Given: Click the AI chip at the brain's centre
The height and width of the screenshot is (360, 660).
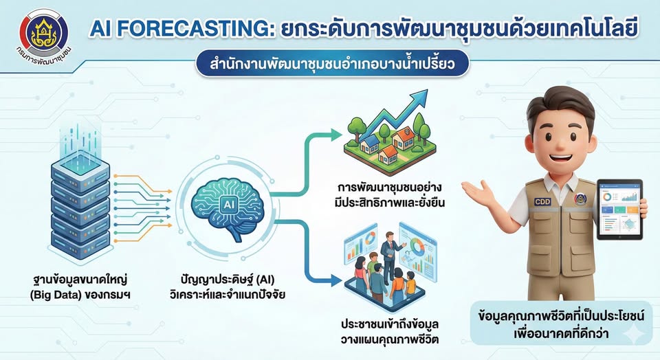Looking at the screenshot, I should (227, 204).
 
